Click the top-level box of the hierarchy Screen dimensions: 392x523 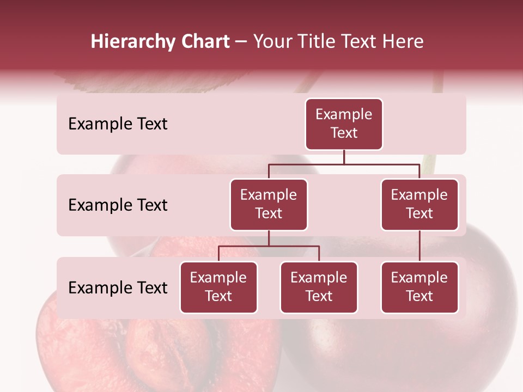pos(344,124)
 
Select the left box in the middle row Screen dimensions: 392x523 pos(269,205)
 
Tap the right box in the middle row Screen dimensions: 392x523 pos(419,205)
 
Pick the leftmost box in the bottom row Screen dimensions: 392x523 pos(218,287)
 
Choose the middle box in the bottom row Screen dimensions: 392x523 pos(319,287)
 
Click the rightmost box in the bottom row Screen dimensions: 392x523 pos(419,287)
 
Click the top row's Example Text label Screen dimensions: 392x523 pos(118,124)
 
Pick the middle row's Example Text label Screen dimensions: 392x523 pos(118,205)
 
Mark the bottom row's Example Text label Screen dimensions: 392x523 pos(118,288)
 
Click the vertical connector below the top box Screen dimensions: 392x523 pos(344,157)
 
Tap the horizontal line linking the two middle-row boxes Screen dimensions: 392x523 pos(343,163)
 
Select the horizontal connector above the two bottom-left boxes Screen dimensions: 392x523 pos(269,246)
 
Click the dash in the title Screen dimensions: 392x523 pos(241,42)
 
